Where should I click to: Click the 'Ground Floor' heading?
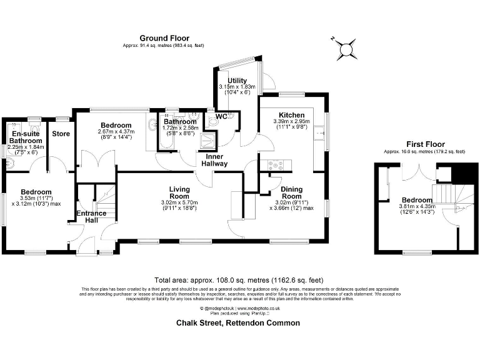click(164, 38)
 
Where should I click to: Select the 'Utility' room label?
click(237, 81)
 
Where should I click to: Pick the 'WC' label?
click(221, 116)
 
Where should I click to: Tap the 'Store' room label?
click(61, 134)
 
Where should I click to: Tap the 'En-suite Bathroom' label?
click(26, 137)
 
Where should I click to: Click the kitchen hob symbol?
click(276, 165)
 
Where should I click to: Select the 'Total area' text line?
click(239, 279)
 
